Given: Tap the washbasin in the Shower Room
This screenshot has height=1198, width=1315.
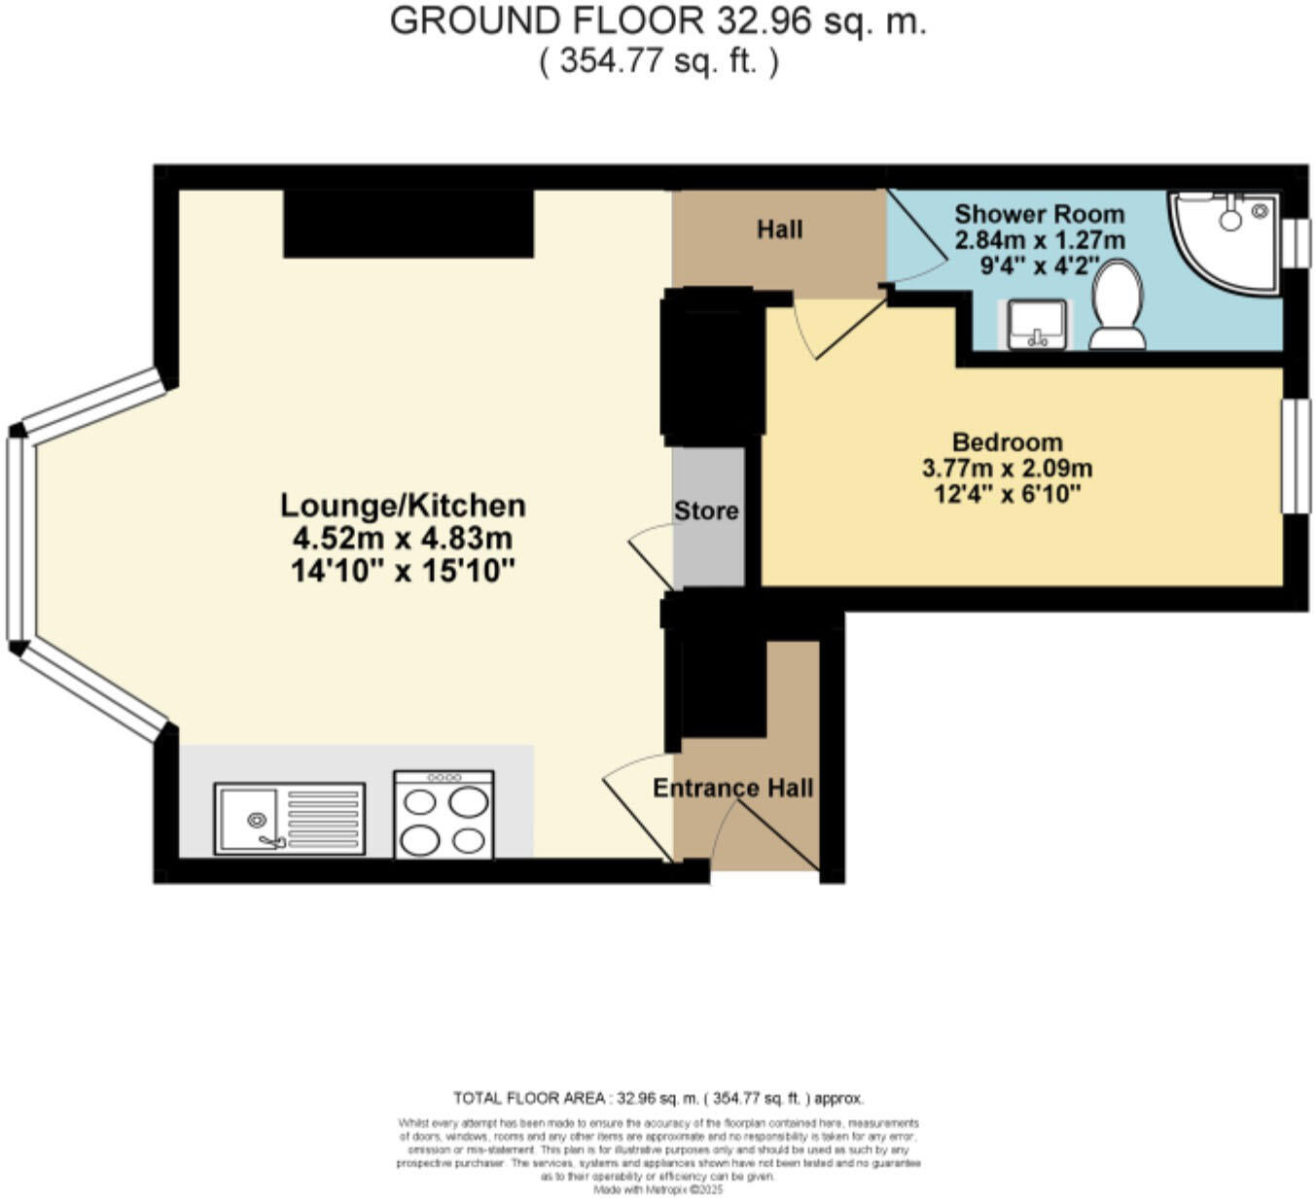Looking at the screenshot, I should pyautogui.click(x=1038, y=324).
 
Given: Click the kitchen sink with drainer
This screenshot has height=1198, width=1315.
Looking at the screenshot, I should pyautogui.click(x=289, y=819).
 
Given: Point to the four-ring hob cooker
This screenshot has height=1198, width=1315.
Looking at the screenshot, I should pyautogui.click(x=444, y=815).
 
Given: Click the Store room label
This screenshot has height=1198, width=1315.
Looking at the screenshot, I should pyautogui.click(x=706, y=511).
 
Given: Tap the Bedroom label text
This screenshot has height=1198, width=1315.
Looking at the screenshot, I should pyautogui.click(x=1007, y=441).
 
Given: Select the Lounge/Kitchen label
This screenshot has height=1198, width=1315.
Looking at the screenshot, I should pyautogui.click(x=403, y=506).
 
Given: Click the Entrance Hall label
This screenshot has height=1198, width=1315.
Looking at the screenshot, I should pyautogui.click(x=732, y=788).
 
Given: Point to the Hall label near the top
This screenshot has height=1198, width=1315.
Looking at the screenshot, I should pyautogui.click(x=779, y=229).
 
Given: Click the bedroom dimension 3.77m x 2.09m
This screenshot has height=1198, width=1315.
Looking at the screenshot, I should pyautogui.click(x=1007, y=468).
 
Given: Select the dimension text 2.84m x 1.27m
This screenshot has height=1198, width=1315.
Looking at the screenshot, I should pyautogui.click(x=1039, y=239).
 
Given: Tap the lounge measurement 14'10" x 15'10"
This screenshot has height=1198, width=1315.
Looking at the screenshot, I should pyautogui.click(x=403, y=571).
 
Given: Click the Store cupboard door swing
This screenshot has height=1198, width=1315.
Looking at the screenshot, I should pyautogui.click(x=650, y=554).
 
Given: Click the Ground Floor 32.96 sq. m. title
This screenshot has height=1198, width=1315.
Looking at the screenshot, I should pyautogui.click(x=657, y=21).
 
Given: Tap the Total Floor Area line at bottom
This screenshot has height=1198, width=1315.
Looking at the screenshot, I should pyautogui.click(x=657, y=1099).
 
